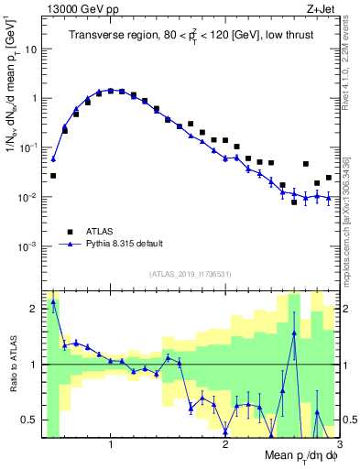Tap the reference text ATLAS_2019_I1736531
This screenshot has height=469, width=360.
[191, 273]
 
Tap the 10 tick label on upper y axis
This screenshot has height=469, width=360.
[31, 49]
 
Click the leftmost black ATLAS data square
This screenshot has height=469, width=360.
[53, 175]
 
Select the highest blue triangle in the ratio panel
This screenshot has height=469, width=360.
[53, 301]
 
